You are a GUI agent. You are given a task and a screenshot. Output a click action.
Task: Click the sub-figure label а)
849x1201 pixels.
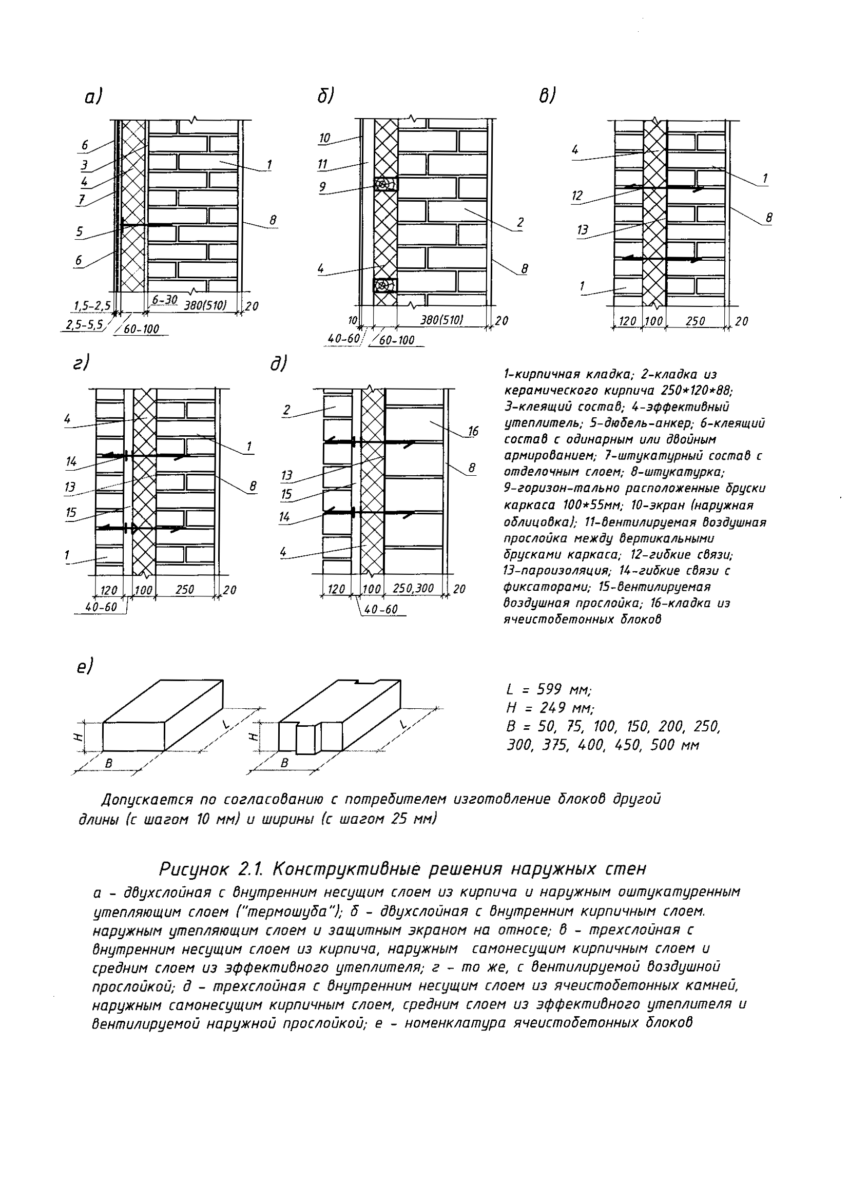point(92,98)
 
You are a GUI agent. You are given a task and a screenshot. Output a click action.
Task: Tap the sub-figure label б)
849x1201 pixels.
point(325,96)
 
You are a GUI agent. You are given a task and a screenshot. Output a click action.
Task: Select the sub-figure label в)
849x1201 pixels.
point(547,96)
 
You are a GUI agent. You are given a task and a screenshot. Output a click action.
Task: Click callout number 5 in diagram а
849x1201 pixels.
point(80,231)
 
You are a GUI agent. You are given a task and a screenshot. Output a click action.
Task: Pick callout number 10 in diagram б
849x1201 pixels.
point(324,138)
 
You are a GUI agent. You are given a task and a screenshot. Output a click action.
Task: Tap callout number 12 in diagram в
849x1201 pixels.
point(577,196)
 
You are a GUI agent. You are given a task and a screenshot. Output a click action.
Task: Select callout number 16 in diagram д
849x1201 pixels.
point(473,431)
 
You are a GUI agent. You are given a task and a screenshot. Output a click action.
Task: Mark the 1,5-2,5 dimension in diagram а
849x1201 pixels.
point(92,305)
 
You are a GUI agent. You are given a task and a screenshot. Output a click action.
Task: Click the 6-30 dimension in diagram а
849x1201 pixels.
point(165,300)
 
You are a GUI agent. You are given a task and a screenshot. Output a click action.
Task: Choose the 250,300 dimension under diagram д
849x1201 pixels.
point(413,589)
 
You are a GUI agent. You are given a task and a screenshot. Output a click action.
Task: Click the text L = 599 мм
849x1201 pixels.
point(549,690)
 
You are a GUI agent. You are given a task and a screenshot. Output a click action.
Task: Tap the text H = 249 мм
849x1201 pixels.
point(550,708)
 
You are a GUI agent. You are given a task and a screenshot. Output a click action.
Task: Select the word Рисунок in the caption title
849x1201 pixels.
point(194,869)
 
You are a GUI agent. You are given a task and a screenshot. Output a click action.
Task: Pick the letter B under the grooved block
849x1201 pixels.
point(284,763)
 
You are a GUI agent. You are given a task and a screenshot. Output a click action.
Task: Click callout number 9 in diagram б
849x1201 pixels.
point(323,186)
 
